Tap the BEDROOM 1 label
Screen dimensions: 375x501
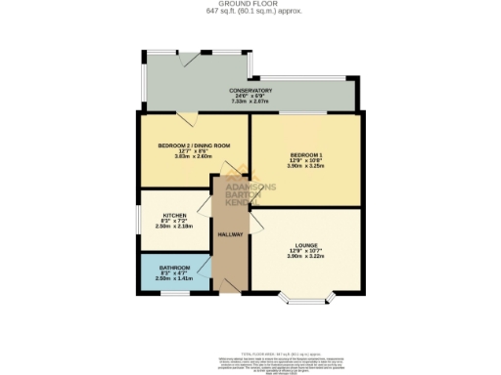(307, 154)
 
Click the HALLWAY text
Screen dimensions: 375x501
(229, 234)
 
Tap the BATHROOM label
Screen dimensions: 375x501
(175, 267)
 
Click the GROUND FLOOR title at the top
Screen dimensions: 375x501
(251, 4)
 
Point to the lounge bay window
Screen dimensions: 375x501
(307, 297)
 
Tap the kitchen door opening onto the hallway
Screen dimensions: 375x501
(206, 207)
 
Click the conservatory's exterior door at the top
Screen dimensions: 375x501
(196, 60)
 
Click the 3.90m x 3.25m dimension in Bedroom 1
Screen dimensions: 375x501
(307, 166)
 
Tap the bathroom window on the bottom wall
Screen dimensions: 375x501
(175, 292)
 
